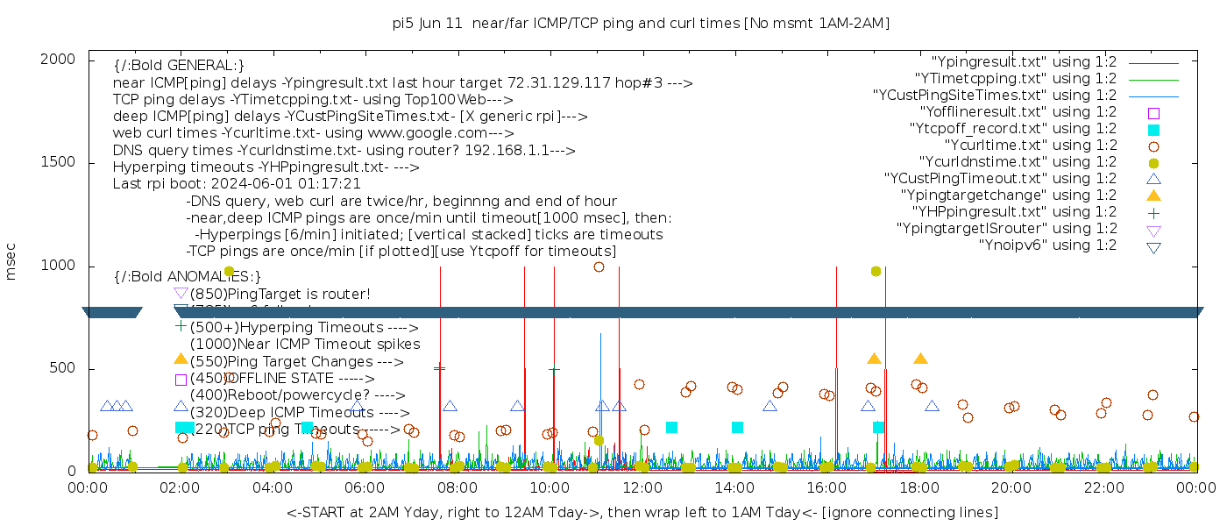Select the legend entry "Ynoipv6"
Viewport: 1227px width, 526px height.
point(1047,245)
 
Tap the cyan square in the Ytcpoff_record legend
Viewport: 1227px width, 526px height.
point(1153,130)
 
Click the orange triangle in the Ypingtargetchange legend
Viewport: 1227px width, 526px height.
point(1153,195)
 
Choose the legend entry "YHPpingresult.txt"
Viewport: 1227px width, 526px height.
point(1014,212)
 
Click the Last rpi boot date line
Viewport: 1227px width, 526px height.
point(237,184)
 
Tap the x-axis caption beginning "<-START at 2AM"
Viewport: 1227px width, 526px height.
point(642,512)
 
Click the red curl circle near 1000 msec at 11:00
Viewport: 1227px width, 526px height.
point(599,267)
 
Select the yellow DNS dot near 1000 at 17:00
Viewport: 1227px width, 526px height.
point(876,272)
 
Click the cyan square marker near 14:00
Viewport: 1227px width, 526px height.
point(737,428)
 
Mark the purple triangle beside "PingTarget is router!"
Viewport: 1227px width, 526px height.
point(181,293)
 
